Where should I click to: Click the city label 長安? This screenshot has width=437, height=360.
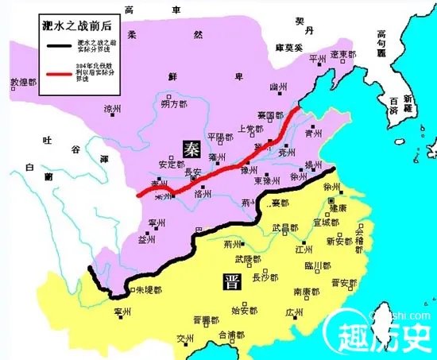[x=193, y=172]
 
